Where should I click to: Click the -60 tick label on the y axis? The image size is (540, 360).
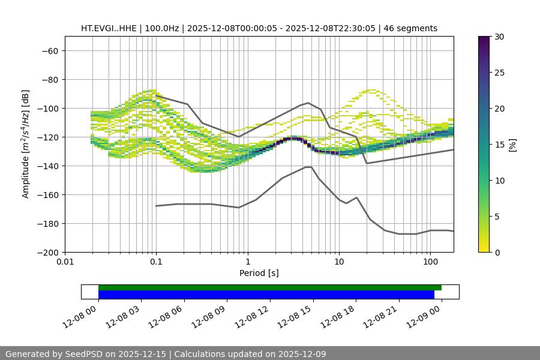pos(49,50)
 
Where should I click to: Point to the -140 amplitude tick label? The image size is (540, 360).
pos(46,166)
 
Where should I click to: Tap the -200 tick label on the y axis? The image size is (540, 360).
pos(46,252)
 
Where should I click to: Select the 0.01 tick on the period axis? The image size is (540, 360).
pos(65,262)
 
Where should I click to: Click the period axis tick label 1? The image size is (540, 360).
pos(248,262)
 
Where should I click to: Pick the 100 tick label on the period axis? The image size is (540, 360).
pos(430,262)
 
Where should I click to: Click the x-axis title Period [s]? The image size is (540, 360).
pos(259,273)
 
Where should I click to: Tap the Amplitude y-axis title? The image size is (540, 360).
pos(26,144)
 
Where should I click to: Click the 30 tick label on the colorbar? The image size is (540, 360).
pos(499,37)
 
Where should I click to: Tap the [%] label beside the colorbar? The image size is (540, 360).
pos(512,145)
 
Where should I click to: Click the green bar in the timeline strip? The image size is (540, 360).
pos(270,287)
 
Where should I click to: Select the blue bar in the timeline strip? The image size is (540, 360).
pos(266,295)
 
